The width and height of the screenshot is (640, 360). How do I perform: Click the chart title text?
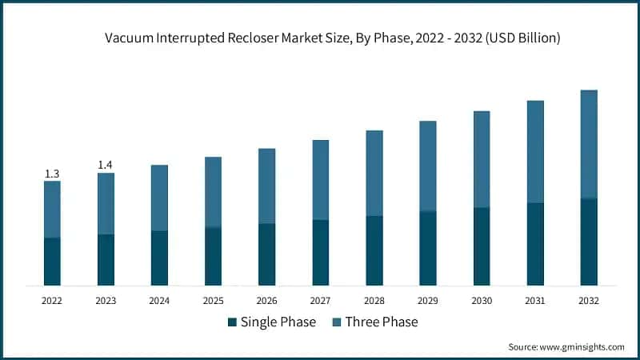tap(332, 38)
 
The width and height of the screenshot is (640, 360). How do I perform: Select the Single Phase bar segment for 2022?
tap(52, 262)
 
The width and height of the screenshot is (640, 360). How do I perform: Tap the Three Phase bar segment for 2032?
tap(589, 144)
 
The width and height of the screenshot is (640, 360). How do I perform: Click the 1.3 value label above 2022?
tap(52, 174)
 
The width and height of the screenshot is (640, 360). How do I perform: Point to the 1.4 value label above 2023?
tap(106, 166)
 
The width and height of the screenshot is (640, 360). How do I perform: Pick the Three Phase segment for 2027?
tap(320, 180)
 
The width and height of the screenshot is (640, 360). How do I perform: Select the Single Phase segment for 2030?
tap(482, 246)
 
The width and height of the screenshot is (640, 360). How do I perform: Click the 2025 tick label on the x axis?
tap(213, 301)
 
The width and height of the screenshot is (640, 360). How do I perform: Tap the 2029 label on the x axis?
tap(427, 301)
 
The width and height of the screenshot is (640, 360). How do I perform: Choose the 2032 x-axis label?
tap(589, 301)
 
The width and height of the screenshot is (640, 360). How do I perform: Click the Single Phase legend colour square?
tap(232, 322)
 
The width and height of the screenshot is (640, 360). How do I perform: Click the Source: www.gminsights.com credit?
tap(566, 346)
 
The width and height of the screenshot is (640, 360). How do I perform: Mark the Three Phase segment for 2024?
tap(159, 198)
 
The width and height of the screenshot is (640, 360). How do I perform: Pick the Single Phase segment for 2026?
tap(266, 254)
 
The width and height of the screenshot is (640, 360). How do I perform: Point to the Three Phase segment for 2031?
tap(535, 152)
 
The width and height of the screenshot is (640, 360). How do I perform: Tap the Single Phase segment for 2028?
tap(374, 250)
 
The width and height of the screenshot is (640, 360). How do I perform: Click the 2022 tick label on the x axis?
tap(52, 301)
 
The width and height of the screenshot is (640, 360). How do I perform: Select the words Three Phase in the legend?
tap(381, 322)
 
